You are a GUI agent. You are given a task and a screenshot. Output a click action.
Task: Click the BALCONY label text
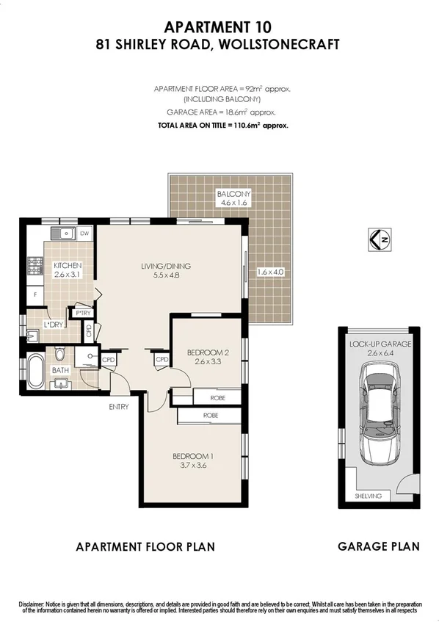coord(233,195)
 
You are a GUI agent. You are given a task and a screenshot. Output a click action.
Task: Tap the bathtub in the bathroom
coord(35,372)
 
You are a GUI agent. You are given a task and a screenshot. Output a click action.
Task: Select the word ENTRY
coord(118,406)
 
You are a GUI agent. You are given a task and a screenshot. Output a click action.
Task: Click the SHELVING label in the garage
coord(369,496)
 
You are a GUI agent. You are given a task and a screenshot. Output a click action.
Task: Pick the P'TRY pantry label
coord(81,313)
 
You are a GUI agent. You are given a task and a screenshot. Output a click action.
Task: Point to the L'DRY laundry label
coord(52,324)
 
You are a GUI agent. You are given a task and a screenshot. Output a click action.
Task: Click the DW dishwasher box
coord(84,234)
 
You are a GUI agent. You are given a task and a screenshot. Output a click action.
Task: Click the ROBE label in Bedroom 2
coord(217,398)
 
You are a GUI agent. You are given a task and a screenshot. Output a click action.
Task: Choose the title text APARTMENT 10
coord(219,27)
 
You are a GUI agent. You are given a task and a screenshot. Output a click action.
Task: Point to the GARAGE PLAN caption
coord(378,546)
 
